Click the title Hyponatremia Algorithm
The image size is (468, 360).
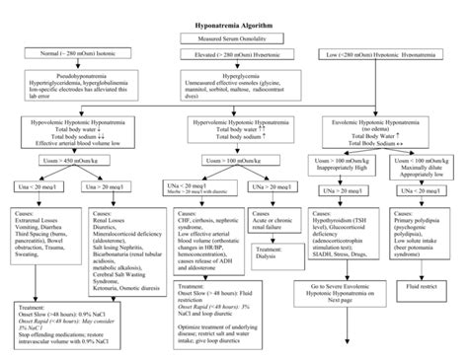(x=233, y=20)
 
